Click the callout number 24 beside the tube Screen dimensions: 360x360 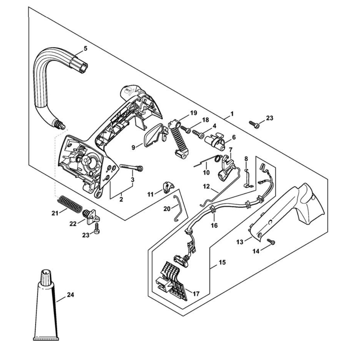click(x=71, y=294)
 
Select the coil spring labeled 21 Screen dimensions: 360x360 click(x=69, y=203)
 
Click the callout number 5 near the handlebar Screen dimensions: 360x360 click(x=86, y=48)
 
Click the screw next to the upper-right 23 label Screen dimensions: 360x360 click(x=254, y=124)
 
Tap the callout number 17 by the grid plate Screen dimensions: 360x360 click(x=196, y=294)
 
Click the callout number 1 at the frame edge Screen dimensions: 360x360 click(x=232, y=113)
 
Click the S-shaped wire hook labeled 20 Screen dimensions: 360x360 click(x=178, y=208)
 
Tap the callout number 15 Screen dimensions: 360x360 click(x=222, y=262)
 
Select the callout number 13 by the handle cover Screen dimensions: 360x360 click(x=240, y=242)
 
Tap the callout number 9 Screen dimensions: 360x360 click(x=134, y=148)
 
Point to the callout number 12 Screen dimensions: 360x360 click(x=206, y=186)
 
